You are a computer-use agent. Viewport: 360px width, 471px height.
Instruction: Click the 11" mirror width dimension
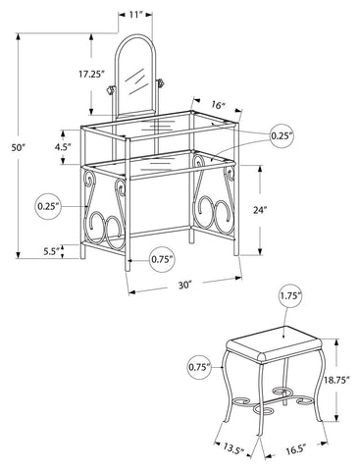click(x=135, y=14)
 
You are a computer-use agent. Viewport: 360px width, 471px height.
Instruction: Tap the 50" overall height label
click(x=19, y=147)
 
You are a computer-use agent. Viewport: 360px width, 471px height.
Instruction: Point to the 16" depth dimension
click(x=219, y=105)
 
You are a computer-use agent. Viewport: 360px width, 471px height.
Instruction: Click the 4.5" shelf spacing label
click(x=63, y=147)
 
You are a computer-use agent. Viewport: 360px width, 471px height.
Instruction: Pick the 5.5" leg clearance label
click(x=51, y=251)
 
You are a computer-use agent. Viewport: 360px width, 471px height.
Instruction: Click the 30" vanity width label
click(x=184, y=286)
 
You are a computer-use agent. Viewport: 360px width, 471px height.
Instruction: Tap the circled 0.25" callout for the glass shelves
click(x=282, y=135)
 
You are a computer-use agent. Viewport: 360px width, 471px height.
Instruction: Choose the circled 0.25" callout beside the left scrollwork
click(x=48, y=206)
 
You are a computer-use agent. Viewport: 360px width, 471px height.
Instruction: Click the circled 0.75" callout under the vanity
click(x=162, y=259)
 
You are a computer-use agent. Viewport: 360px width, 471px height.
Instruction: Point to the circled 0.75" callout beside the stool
click(x=199, y=367)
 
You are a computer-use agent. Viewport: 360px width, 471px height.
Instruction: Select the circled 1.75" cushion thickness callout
click(x=290, y=296)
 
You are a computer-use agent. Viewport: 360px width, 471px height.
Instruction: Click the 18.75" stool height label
click(x=337, y=380)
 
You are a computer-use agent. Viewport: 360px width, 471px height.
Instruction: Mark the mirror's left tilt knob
click(x=110, y=89)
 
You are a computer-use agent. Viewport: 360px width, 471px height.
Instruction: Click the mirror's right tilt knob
click(x=160, y=83)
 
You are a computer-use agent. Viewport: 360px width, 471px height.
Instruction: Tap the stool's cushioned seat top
click(x=274, y=343)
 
